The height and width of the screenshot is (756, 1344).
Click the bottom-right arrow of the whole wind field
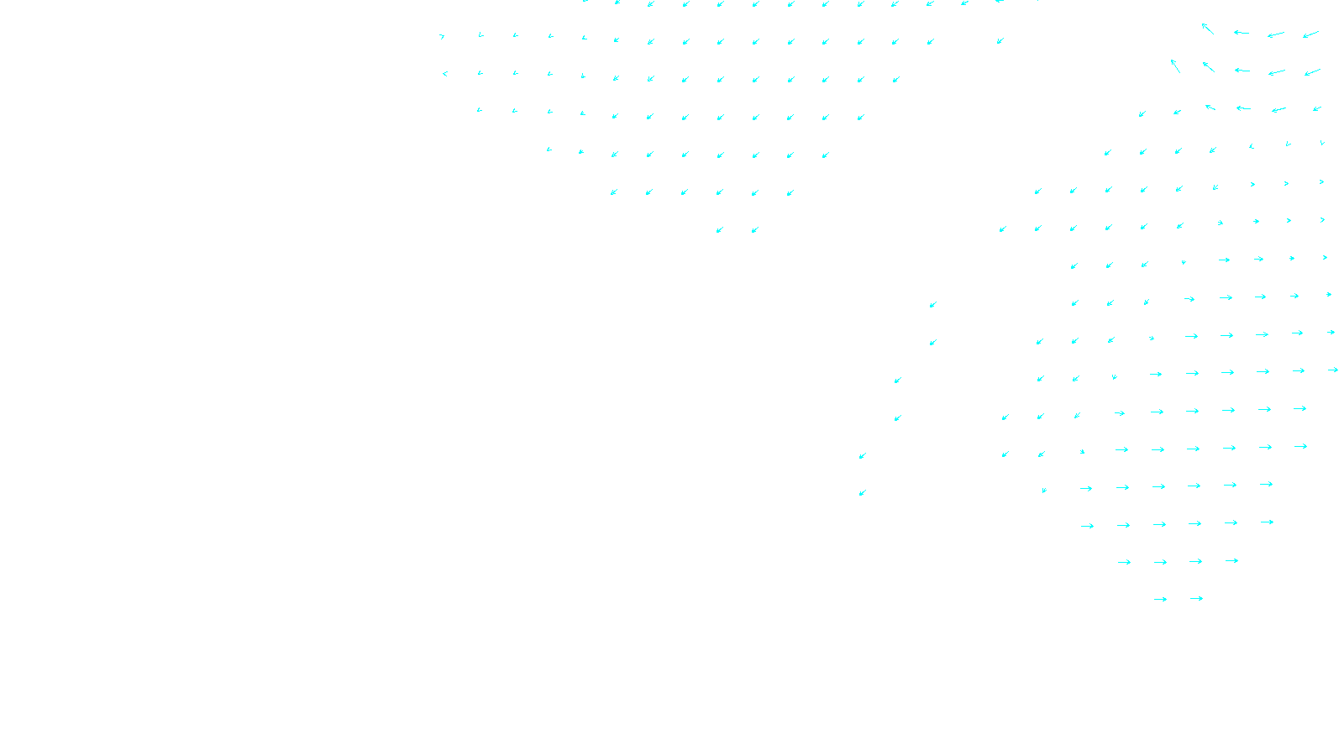1196,599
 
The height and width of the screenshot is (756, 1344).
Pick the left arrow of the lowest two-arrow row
1160,600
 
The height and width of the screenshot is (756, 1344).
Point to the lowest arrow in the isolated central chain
862,493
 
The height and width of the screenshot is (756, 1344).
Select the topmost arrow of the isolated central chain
932,305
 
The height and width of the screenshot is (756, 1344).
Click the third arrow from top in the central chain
897,381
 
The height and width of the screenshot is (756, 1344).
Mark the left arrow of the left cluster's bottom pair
719,230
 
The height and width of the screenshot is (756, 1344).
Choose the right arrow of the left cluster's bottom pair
755,230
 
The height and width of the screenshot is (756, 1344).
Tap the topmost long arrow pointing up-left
1208,29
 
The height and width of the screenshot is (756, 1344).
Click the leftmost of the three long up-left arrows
1175,66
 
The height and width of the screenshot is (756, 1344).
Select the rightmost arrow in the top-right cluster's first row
1310,35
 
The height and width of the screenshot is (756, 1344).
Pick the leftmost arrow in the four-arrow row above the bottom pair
1124,562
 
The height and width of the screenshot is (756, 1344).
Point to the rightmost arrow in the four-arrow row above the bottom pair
1231,561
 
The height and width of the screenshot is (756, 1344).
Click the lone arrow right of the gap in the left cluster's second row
1000,40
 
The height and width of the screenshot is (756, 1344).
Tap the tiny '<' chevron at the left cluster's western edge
444,74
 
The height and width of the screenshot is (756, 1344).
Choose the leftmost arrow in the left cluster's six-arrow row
613,192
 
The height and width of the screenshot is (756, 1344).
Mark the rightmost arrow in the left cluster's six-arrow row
790,193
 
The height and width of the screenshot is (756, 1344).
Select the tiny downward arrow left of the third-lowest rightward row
1044,490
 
